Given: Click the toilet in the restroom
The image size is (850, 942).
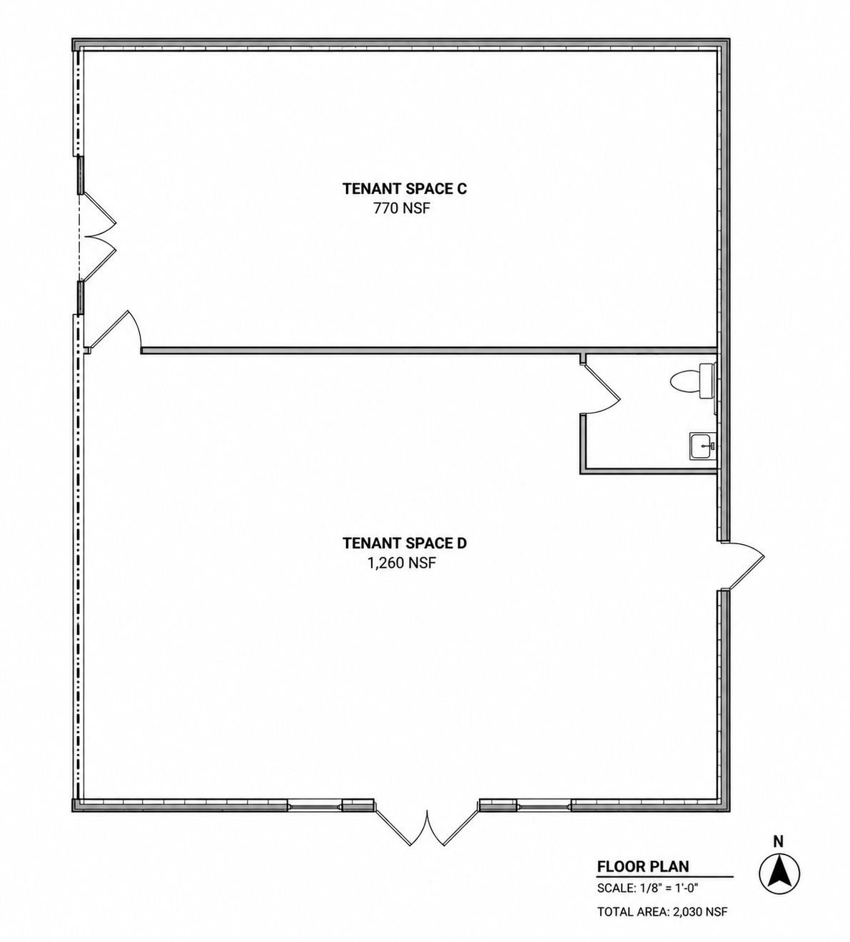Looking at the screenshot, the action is coord(693,380).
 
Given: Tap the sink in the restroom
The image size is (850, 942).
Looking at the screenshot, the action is coord(703,446).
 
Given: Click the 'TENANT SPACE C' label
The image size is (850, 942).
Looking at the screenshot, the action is coord(405,189).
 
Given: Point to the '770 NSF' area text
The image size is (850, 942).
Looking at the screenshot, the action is coord(402,208).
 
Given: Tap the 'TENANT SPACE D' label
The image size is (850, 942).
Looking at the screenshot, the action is coord(405,543).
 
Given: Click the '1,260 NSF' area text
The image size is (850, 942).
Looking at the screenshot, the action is coord(402,563).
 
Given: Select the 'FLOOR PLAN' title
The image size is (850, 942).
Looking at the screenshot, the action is coord(642,866).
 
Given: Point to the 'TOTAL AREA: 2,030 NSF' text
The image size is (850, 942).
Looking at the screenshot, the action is coord(662,912).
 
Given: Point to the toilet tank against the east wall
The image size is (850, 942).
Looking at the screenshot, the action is coord(707,380).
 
